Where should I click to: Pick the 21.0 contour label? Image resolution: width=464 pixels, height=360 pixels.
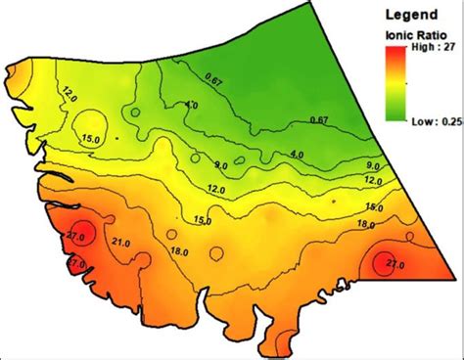[x=123, y=243]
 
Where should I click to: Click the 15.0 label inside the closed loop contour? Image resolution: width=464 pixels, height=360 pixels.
[x=91, y=137]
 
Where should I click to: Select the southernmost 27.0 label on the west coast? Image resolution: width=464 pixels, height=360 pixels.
[x=76, y=263]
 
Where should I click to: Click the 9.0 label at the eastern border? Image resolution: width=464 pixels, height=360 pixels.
[x=372, y=165]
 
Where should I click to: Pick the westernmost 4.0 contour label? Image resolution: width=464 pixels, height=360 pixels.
[x=192, y=105]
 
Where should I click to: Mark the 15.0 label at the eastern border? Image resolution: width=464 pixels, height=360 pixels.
[x=373, y=206]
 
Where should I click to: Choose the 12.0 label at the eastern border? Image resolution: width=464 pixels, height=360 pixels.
[x=372, y=181]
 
